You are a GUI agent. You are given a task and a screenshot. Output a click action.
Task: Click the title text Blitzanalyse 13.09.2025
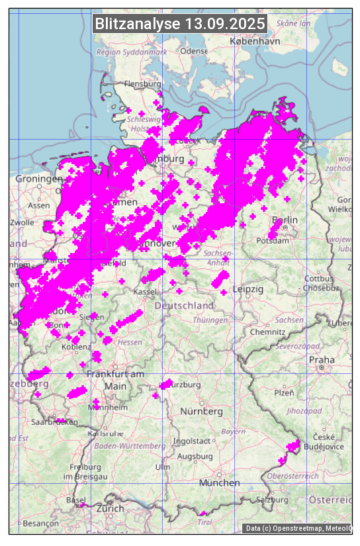(180, 24)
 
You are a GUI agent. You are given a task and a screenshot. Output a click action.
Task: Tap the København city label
(255, 41)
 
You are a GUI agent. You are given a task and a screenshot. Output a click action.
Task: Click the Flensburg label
(143, 84)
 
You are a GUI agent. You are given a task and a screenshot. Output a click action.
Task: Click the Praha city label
(322, 360)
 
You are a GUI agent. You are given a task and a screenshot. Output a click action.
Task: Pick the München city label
(219, 483)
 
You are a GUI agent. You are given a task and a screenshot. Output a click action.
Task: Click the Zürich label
(110, 508)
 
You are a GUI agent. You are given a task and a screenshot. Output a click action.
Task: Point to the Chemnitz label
(263, 331)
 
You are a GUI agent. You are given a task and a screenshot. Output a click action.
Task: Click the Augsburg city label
(195, 457)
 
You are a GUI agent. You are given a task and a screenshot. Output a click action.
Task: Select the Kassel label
(144, 292)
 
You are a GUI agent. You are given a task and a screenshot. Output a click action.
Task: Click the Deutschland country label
(184, 306)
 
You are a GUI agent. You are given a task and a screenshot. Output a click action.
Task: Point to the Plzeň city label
(284, 392)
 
